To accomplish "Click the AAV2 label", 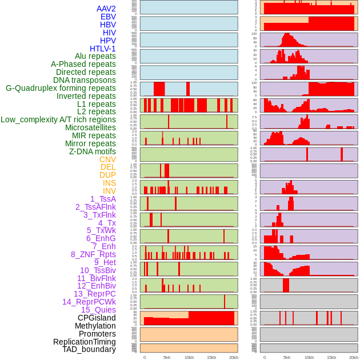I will tap(106, 9).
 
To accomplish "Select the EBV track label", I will tap(107, 17).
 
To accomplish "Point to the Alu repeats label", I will tap(95, 56).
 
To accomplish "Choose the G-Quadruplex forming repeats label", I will tap(61, 88).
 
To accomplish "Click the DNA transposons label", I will tap(85, 80).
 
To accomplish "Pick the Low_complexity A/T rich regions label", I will tap(58, 119).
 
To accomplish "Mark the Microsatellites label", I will tap(90, 127).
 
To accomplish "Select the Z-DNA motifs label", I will tap(92, 151).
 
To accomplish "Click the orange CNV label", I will tap(107, 159).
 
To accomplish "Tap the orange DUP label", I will tap(107, 175).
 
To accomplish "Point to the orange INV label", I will tap(109, 191).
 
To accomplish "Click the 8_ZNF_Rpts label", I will tap(93, 254).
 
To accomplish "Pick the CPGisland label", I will tap(97, 318).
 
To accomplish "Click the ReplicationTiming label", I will tap(84, 342).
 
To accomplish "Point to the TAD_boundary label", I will tap(89, 349).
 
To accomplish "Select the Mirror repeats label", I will tap(90, 143).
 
